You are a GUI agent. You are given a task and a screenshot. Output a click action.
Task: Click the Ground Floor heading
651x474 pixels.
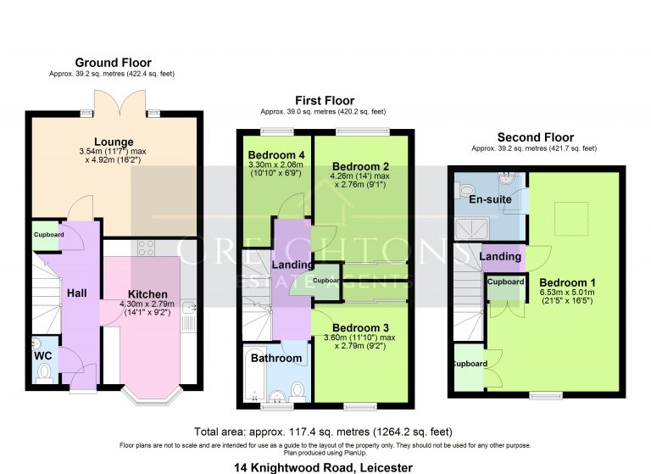(x=113, y=63)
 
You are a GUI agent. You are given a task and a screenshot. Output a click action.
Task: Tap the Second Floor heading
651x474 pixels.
(x=535, y=137)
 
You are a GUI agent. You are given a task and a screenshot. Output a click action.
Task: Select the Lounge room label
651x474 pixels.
(x=112, y=142)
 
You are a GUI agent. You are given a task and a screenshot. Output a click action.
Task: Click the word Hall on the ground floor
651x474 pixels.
(x=78, y=293)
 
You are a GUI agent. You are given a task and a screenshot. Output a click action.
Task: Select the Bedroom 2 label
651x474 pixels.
(x=359, y=165)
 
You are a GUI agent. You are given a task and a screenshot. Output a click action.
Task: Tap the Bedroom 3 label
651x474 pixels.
(x=359, y=327)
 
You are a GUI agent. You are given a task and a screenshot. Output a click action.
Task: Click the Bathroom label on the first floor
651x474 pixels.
(x=275, y=358)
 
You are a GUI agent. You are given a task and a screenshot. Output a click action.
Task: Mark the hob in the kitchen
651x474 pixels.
(x=145, y=248)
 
